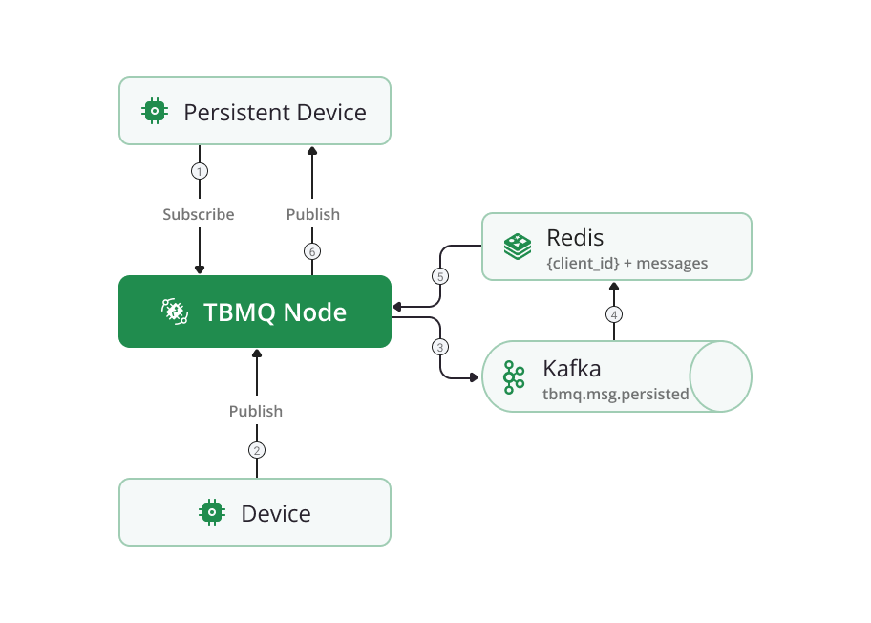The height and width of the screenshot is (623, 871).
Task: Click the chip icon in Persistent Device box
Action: pyautogui.click(x=153, y=112)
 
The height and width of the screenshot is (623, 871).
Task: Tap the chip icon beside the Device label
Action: pyautogui.click(x=211, y=513)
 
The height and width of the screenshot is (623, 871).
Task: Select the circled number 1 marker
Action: pyautogui.click(x=199, y=172)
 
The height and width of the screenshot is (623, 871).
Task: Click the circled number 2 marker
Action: pyautogui.click(x=256, y=450)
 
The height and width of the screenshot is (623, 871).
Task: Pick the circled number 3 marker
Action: pyautogui.click(x=439, y=346)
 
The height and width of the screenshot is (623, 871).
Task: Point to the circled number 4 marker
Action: pyautogui.click(x=614, y=313)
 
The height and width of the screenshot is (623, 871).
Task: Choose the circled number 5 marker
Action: pyautogui.click(x=439, y=277)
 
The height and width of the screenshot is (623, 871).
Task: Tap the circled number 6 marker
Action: pyautogui.click(x=312, y=252)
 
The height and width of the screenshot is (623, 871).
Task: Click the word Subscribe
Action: pyautogui.click(x=199, y=214)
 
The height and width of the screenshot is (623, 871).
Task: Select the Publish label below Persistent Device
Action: pyautogui.click(x=313, y=214)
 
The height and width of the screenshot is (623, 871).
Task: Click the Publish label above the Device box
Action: pyautogui.click(x=256, y=411)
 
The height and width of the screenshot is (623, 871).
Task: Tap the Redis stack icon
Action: pyautogui.click(x=518, y=246)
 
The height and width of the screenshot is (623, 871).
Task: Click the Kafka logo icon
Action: pyautogui.click(x=515, y=377)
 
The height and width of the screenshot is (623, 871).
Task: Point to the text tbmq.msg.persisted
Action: pyautogui.click(x=615, y=394)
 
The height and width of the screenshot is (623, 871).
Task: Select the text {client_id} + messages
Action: pyautogui.click(x=627, y=263)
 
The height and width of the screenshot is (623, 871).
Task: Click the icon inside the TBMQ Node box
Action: pyautogui.click(x=174, y=311)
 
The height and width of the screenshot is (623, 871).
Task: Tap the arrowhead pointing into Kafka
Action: pyautogui.click(x=473, y=378)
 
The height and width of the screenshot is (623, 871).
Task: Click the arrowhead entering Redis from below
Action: pyautogui.click(x=614, y=285)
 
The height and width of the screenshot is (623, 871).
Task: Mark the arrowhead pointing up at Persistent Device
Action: pyautogui.click(x=312, y=150)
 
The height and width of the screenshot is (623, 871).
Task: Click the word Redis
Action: pyautogui.click(x=575, y=237)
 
